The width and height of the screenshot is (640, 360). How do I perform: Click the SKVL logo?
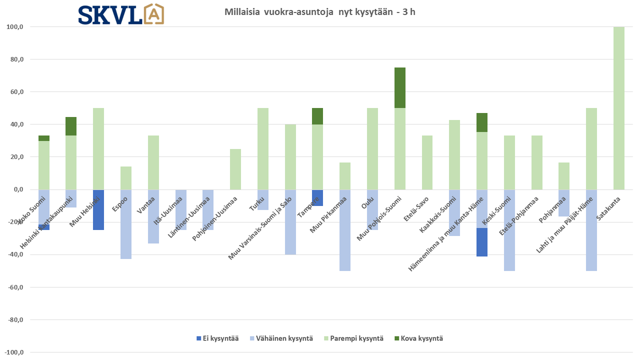[x=121, y=14]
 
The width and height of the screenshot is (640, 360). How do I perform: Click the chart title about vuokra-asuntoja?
[x=320, y=12]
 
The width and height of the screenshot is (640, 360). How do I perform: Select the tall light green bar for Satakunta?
[x=618, y=108]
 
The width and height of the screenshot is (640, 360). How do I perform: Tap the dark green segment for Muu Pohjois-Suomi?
[x=399, y=87]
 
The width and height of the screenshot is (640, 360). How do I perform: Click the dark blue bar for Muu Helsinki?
[x=98, y=210]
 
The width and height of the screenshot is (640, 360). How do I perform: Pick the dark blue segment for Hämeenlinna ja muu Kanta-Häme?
[x=482, y=242]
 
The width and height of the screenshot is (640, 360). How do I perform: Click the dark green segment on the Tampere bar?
[x=317, y=116]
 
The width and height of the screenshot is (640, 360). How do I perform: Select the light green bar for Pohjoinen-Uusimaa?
[x=235, y=169]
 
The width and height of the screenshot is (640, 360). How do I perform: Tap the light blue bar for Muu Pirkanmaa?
[x=345, y=230]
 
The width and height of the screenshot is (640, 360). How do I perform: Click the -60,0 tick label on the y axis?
[x=15, y=287]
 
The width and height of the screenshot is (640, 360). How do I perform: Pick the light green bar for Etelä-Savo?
[x=427, y=162]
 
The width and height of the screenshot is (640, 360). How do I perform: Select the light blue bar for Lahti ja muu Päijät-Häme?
[x=591, y=230]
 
